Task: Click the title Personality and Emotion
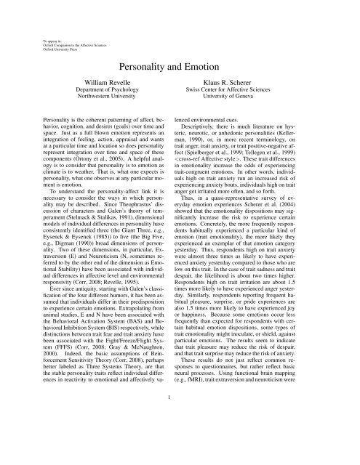click(x=180, y=65)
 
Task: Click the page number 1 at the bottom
click(x=180, y=438)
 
